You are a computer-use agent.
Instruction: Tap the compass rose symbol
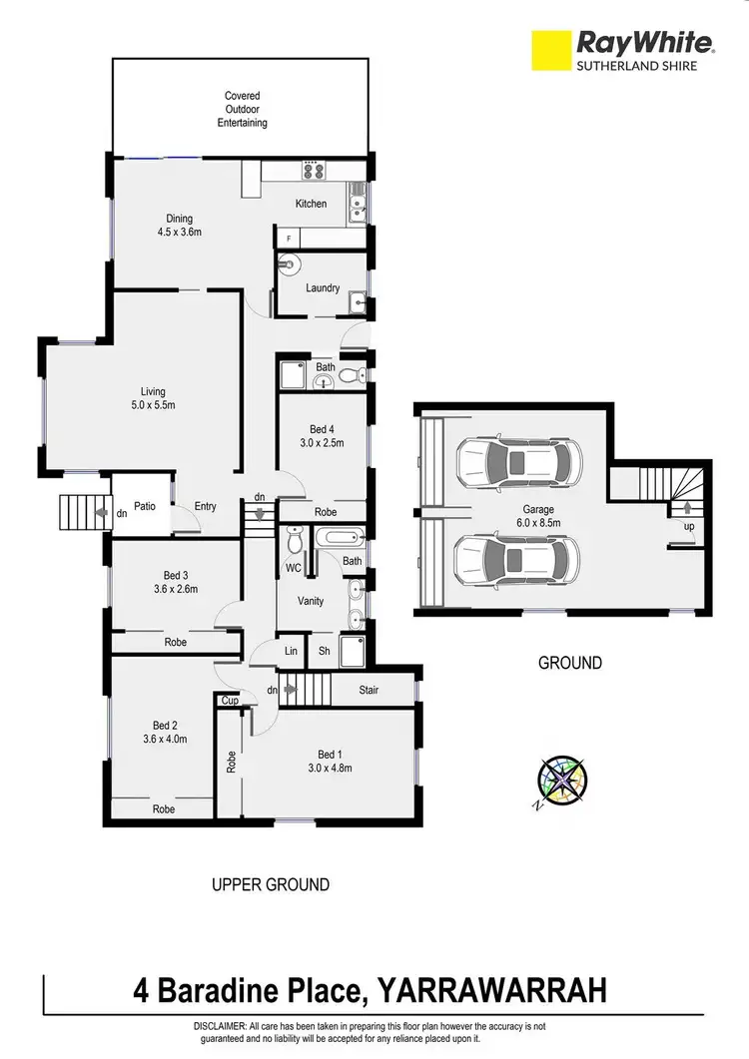coord(561,781)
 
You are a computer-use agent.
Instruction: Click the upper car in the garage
coord(517,461)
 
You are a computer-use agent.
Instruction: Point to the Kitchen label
coord(311,204)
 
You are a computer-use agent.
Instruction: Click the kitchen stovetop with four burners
coord(315,171)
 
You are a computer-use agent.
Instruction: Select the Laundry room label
coord(323,287)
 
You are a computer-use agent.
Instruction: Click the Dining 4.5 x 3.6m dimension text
coord(180,233)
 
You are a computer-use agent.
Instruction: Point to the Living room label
coord(153,391)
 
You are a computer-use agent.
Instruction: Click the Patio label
coord(146,507)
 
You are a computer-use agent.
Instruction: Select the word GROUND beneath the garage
coord(570,663)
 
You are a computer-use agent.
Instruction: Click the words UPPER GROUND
coord(270,884)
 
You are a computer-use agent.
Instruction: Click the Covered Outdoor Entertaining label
coord(243,110)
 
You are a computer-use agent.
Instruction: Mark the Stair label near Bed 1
coord(372,689)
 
